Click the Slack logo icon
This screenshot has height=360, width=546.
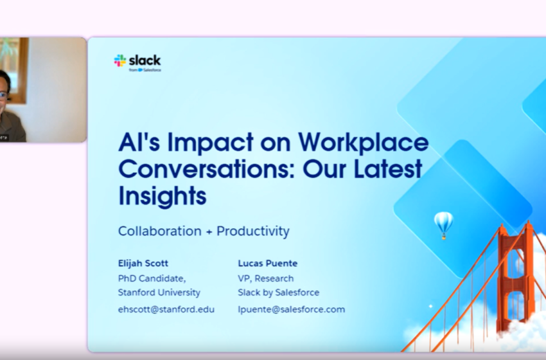(120, 60)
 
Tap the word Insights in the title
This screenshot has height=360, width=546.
(163, 195)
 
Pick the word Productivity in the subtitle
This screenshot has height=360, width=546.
(253, 231)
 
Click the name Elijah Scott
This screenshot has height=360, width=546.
(143, 263)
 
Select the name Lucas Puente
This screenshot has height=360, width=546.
(268, 263)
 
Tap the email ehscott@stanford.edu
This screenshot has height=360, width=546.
(166, 309)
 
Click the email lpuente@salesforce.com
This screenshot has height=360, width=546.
(291, 309)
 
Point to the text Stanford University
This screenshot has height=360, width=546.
(159, 292)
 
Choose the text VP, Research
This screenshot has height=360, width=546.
(266, 278)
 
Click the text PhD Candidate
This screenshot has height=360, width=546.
(152, 278)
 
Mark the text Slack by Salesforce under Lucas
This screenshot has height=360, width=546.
(279, 292)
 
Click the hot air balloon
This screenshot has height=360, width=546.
(443, 223)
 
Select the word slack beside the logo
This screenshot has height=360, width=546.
(145, 60)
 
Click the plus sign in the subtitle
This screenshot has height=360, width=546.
(209, 231)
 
